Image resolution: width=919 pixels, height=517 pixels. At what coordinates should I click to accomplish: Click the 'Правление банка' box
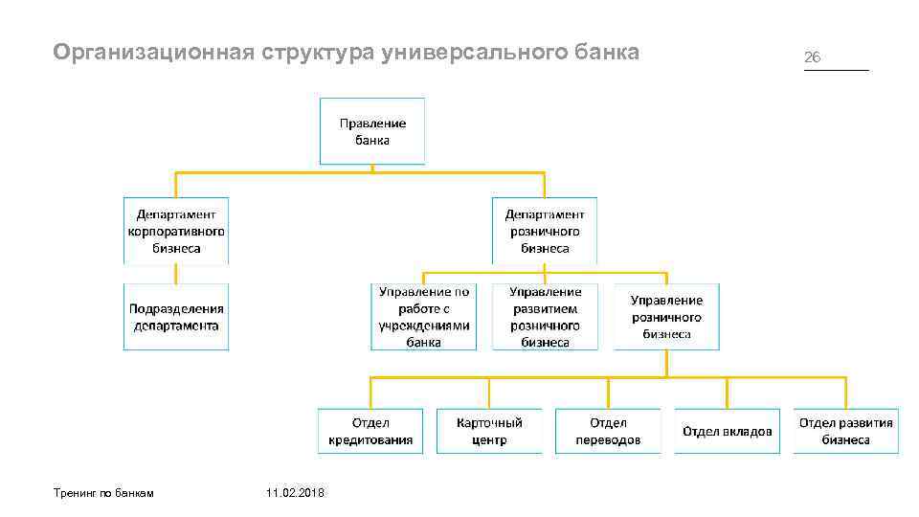click(372, 131)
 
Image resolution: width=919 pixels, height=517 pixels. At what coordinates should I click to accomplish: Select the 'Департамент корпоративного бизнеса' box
click(176, 231)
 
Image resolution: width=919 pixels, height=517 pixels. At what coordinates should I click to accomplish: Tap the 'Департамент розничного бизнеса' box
click(545, 231)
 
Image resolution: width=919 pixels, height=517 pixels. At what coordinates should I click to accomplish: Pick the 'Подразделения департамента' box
click(176, 317)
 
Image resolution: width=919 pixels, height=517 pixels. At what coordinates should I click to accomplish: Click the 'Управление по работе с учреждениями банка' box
click(423, 317)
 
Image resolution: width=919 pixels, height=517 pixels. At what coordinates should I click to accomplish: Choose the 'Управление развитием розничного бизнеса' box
click(545, 317)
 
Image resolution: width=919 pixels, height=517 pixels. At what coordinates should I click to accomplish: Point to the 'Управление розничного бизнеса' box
click(666, 317)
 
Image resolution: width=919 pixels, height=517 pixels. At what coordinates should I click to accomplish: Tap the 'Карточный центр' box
click(489, 431)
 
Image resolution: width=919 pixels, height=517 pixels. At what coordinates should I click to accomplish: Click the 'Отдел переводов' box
click(608, 431)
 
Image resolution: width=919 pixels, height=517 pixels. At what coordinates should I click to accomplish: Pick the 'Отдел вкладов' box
click(727, 431)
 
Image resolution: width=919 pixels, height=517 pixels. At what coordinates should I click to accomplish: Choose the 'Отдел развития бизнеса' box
click(846, 431)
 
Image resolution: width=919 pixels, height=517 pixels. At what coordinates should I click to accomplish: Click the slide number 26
click(812, 57)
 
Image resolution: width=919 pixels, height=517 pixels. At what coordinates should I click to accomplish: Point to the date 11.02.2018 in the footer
click(296, 492)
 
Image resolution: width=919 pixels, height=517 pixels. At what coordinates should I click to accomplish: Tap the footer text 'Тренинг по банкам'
click(104, 492)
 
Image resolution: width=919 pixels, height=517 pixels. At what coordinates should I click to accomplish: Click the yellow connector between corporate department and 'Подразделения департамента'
click(176, 274)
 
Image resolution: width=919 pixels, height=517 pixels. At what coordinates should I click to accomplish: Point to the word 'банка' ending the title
click(612, 52)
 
